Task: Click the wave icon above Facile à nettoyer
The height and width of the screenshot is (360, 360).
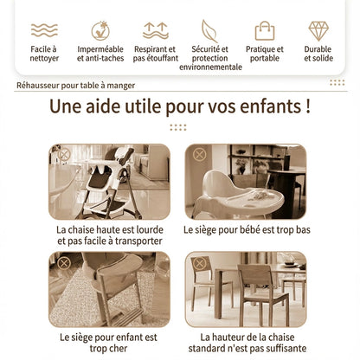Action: pyautogui.click(x=44, y=30)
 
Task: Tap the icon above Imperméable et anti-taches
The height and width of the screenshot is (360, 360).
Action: pyautogui.click(x=100, y=30)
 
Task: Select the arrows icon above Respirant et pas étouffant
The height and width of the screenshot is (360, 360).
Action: pyautogui.click(x=155, y=30)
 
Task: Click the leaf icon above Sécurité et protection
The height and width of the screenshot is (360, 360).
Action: pyautogui.click(x=210, y=30)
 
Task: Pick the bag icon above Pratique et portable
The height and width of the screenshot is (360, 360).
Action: pyautogui.click(x=264, y=30)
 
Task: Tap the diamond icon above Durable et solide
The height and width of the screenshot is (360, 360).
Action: pyautogui.click(x=318, y=30)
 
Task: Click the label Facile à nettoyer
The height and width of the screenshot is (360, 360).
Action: pyautogui.click(x=44, y=54)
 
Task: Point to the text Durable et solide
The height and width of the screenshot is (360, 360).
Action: pyautogui.click(x=318, y=54)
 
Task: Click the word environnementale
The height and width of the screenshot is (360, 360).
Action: pyautogui.click(x=210, y=67)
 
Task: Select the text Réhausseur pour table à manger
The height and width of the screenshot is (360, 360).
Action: pyautogui.click(x=76, y=86)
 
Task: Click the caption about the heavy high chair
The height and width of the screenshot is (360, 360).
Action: pyautogui.click(x=109, y=236)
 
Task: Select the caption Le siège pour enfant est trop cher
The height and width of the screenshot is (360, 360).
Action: pyautogui.click(x=109, y=342)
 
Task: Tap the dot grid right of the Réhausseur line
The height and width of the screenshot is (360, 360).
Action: pyautogui.click(x=337, y=83)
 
